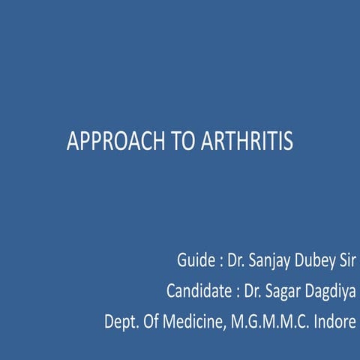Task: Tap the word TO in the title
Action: click(x=168, y=142)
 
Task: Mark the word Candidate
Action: click(x=197, y=292)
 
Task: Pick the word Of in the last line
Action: click(x=153, y=322)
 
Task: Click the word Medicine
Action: click(x=194, y=322)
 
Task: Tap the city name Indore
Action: click(x=334, y=322)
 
